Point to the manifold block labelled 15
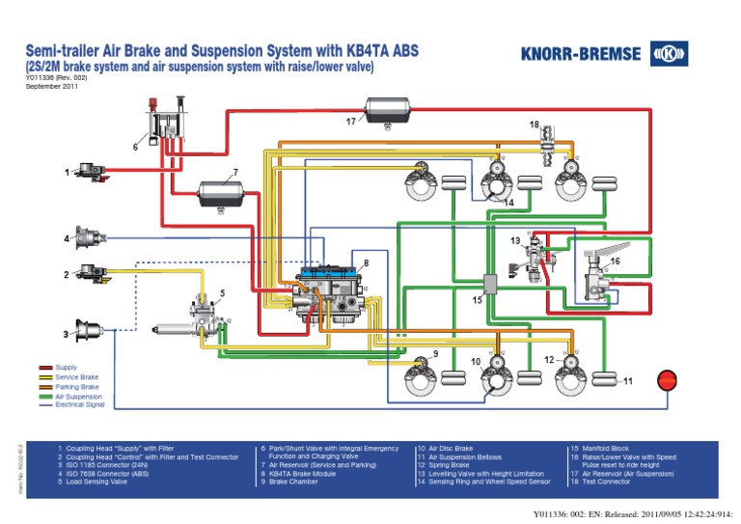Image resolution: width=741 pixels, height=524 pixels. (490, 283)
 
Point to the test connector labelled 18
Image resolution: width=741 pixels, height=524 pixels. (552, 142)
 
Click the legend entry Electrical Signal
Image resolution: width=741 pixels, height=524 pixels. (78, 404)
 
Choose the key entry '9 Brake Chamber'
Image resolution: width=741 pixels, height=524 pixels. (295, 483)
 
